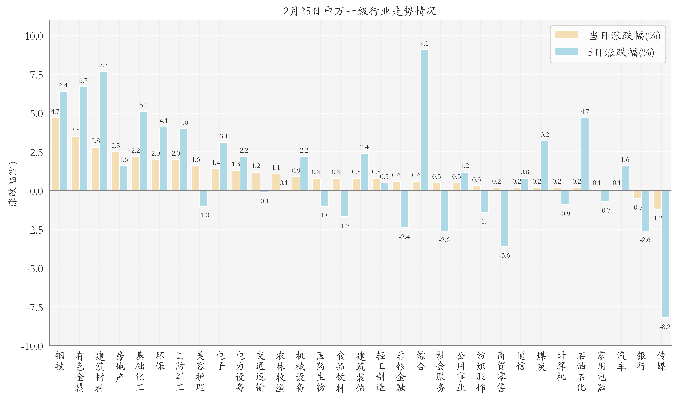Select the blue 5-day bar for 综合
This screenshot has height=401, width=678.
424,120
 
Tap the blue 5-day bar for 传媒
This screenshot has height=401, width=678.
665,254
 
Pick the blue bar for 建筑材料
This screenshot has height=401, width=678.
103,131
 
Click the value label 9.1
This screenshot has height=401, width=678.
424,43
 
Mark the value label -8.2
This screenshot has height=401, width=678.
665,327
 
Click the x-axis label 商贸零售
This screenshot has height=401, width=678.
501,372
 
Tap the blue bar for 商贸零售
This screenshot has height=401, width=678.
505,218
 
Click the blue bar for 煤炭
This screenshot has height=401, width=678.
545,166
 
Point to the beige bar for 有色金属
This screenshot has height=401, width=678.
75,164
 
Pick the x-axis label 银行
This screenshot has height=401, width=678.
641,361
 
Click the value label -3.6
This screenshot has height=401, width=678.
504,255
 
